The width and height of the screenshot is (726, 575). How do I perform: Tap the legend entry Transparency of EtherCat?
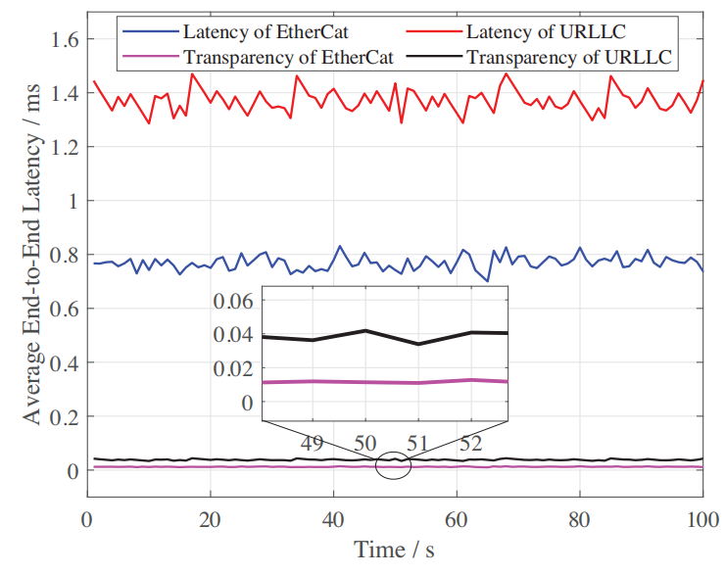point(288,57)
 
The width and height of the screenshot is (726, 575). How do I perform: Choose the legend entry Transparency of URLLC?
point(568,57)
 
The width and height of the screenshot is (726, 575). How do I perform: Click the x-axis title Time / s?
point(395,550)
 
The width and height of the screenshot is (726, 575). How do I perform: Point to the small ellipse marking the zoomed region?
point(393,465)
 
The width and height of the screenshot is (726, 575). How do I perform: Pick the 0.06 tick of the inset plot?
point(232,300)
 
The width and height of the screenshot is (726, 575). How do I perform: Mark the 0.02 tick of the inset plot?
point(232,367)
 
